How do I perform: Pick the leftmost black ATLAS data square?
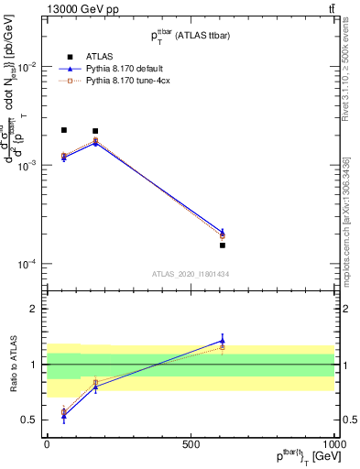pyautogui.click(x=63, y=130)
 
